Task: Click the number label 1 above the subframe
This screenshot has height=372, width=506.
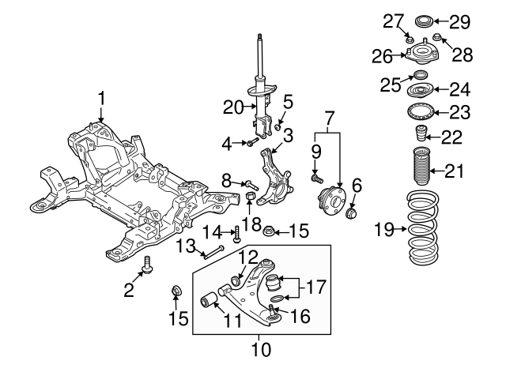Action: (x=101, y=98)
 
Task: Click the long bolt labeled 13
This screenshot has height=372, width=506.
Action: (x=214, y=253)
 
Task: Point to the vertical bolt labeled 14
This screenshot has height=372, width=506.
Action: (x=236, y=233)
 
